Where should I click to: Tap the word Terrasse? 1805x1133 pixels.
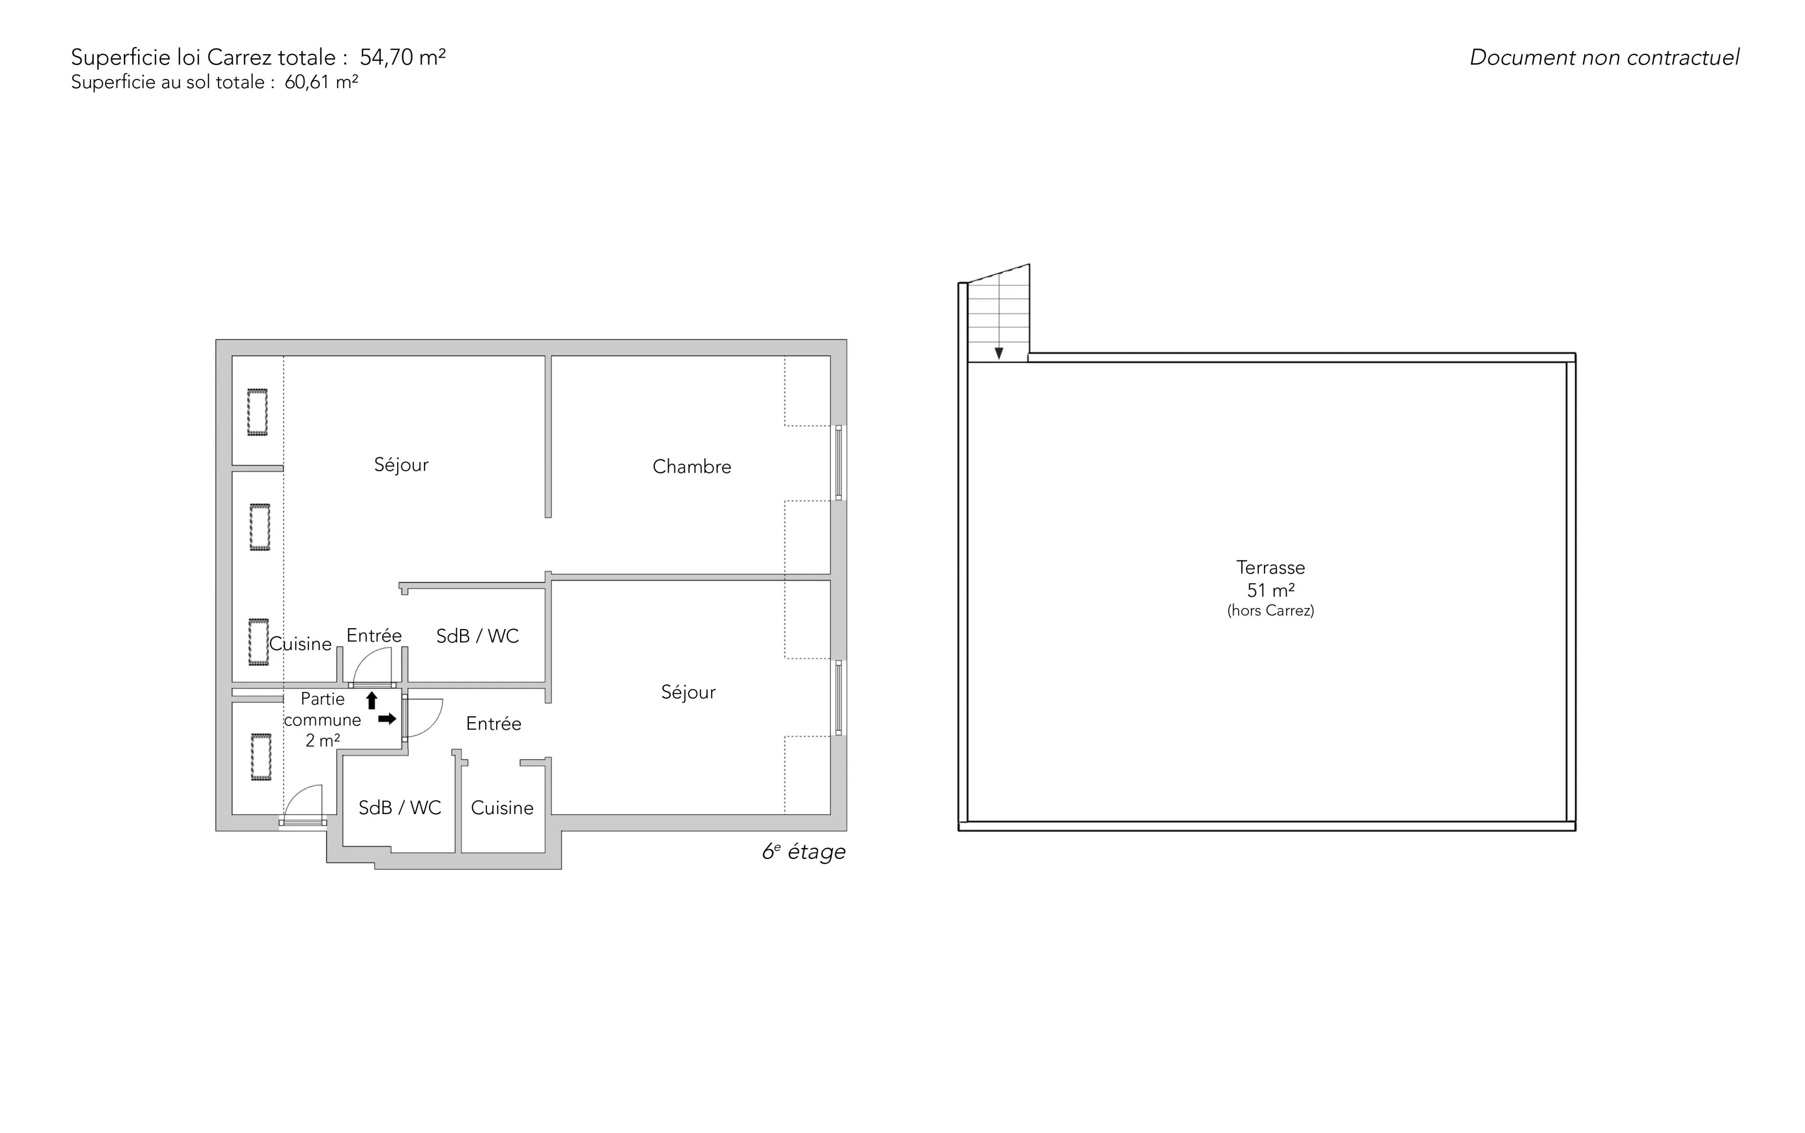[x=1270, y=567]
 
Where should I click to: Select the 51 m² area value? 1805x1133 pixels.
[x=1270, y=590]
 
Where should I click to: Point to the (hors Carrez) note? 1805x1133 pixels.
[x=1270, y=611]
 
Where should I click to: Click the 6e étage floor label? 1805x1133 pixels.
[x=803, y=852]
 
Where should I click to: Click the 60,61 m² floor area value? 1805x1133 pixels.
[x=321, y=81]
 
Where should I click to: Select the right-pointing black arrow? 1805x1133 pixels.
[x=387, y=718]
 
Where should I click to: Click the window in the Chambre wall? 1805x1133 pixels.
[x=839, y=463]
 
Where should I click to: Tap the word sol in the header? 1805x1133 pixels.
[x=202, y=81]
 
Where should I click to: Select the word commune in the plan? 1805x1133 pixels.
[x=322, y=720]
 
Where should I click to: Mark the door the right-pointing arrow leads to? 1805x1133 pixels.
[x=423, y=718]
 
